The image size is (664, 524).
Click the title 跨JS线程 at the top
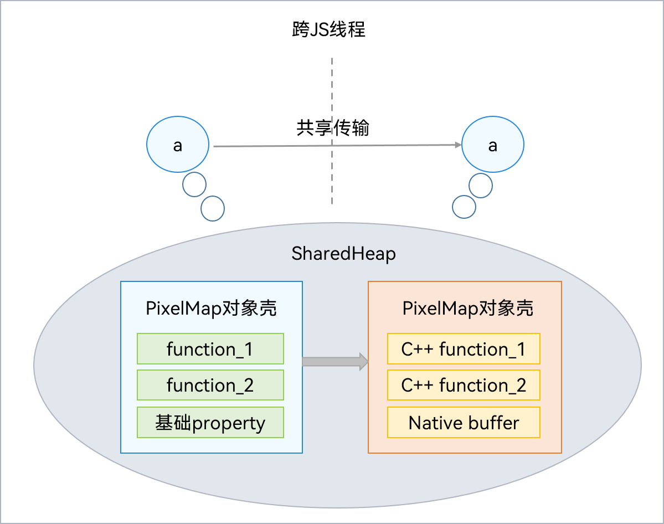click(329, 30)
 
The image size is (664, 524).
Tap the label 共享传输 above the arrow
click(332, 128)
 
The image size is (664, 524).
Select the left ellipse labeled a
click(178, 145)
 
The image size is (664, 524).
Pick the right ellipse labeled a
click(492, 145)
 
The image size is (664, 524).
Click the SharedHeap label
click(343, 254)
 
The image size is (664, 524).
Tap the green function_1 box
click(210, 349)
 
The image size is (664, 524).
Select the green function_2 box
click(210, 386)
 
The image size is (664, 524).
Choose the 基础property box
click(210, 423)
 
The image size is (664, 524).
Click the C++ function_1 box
click(464, 349)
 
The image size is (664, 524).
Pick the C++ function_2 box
click(464, 386)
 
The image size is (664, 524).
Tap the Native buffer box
click(464, 423)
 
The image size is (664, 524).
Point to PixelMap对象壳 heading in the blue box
click(211, 309)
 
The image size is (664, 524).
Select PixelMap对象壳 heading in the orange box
click(468, 309)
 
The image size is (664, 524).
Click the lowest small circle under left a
click(213, 209)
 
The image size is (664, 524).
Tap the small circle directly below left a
click(194, 184)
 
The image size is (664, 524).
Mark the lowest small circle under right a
click(464, 207)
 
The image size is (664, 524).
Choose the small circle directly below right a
click(481, 186)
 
